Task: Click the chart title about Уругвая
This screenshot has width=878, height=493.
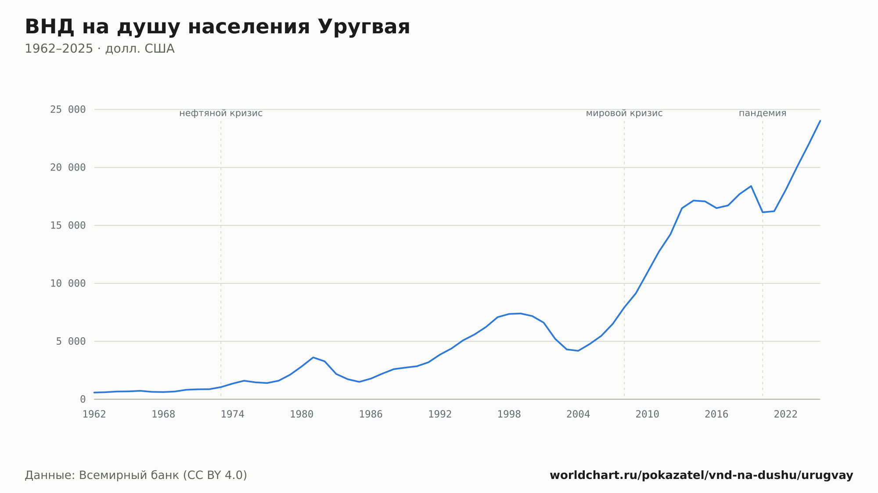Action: [x=217, y=27]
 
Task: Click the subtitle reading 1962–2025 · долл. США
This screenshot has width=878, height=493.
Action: [x=100, y=49]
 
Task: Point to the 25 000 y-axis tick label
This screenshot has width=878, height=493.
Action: [x=68, y=110]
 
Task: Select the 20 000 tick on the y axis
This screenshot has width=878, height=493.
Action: [x=68, y=168]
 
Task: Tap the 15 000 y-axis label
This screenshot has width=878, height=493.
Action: [x=68, y=225]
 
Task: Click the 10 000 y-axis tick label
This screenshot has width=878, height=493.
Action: [x=68, y=283]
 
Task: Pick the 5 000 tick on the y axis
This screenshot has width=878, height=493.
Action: [x=71, y=341]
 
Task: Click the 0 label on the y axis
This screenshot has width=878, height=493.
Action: [x=83, y=400]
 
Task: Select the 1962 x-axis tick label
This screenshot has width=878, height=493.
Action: [x=94, y=414]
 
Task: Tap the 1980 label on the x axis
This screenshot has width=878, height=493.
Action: [x=302, y=414]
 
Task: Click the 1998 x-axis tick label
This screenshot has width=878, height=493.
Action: [x=509, y=414]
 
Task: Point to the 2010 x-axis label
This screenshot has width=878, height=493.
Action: [x=648, y=414]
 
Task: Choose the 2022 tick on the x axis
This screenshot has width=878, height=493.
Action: [x=786, y=414]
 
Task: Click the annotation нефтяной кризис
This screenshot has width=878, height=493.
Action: [x=221, y=113]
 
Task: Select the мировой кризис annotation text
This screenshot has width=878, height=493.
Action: [x=624, y=113]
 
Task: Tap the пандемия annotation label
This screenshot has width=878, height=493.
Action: [x=763, y=113]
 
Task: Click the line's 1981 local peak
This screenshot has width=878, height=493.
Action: [x=313, y=357]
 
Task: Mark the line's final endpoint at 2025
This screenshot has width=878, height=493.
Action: [x=820, y=121]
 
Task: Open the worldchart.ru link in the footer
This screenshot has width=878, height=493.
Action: [x=702, y=475]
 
